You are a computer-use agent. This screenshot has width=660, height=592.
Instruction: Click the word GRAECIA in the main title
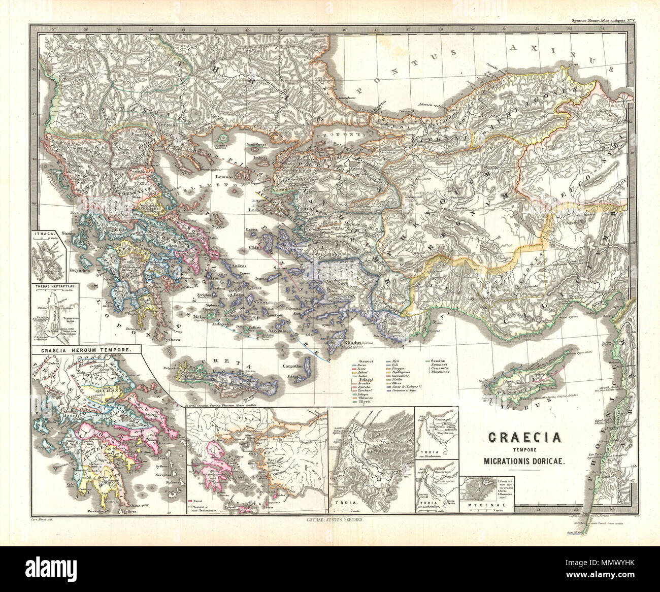point(524,437)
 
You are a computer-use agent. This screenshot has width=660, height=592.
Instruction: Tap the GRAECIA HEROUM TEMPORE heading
point(83,350)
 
